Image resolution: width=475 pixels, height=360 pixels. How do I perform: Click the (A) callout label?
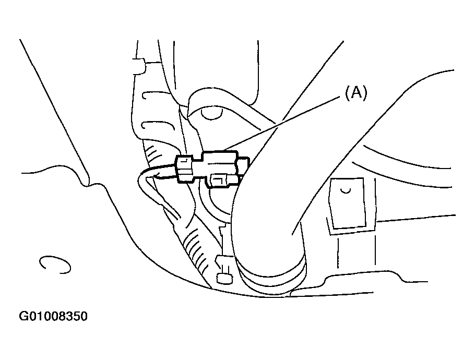coord(356,92)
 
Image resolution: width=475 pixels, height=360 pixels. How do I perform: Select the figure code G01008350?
coord(53,316)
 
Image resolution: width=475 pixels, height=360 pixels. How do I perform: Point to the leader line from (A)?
coord(282,123)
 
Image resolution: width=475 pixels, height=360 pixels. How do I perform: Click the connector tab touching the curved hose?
coord(244,166)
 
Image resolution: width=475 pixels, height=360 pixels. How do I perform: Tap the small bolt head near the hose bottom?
coord(224,279)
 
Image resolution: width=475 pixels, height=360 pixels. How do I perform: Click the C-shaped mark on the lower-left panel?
coord(54,265)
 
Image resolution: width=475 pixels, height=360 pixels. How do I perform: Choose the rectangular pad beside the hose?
coord(348,203)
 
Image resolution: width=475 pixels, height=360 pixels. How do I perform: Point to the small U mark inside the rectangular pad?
coord(346,191)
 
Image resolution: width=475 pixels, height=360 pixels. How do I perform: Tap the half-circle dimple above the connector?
coord(212,114)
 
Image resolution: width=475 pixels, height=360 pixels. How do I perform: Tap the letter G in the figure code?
coord(23,316)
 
